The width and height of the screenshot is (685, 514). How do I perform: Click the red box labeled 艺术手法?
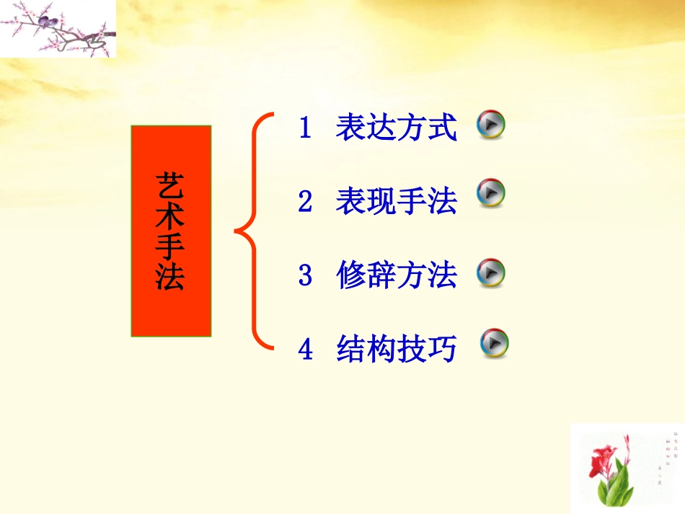pos(171,231)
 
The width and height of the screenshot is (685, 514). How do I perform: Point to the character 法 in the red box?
pos(170,278)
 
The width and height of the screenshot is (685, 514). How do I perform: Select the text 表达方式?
pos(396,129)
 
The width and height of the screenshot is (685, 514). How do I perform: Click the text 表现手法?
pos(396,203)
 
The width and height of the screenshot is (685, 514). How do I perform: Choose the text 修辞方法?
pos(396,276)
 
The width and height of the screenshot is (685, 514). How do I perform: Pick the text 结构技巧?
pos(396,350)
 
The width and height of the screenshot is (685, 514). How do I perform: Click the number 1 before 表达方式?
pos(305,129)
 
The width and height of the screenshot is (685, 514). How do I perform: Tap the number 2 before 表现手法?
pos(305,203)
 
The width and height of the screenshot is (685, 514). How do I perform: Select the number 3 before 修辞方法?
pos(305,276)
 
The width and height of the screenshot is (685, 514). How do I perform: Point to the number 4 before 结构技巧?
pos(305,350)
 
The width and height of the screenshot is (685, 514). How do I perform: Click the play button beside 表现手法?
pos(492,193)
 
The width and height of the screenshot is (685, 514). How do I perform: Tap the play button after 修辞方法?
pos(492,273)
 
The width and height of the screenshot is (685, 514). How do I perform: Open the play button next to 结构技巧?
pos(495,343)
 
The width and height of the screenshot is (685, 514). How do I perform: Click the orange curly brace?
pos(252,231)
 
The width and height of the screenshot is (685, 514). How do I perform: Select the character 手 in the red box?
pos(170,246)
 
